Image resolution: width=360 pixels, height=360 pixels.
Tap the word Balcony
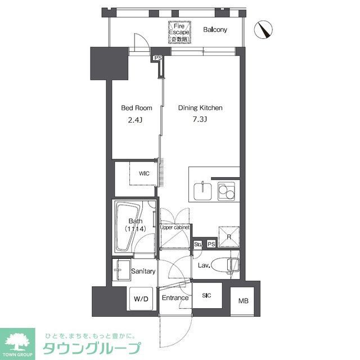click(x=215, y=30)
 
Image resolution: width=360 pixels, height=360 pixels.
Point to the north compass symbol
click(x=263, y=30)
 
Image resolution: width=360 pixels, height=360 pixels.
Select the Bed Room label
click(x=135, y=108)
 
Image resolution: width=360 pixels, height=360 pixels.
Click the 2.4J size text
click(x=135, y=119)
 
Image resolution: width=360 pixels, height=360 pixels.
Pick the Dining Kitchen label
click(x=201, y=108)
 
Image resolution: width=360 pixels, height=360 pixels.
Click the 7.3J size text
click(x=201, y=119)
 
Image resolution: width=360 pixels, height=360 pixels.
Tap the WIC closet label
click(x=145, y=174)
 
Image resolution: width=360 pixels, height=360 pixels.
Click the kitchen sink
click(x=202, y=191)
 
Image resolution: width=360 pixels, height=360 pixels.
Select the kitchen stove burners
click(x=226, y=191)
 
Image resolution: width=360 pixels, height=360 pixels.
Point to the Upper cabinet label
click(x=174, y=228)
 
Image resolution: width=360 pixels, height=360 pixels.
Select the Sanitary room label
click(x=143, y=271)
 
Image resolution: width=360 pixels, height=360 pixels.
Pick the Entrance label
click(x=175, y=298)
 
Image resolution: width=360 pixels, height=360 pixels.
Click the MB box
click(x=242, y=301)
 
